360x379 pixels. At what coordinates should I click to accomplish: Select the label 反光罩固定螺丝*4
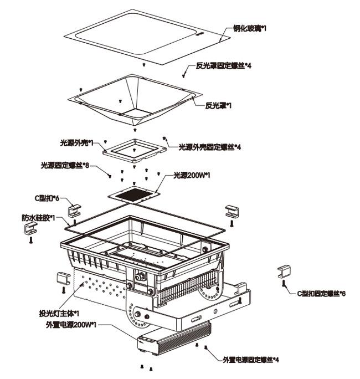224,66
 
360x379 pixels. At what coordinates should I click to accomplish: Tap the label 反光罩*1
218,105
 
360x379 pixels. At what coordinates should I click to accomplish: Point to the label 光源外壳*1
76,142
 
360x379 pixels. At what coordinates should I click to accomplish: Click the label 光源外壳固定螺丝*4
210,147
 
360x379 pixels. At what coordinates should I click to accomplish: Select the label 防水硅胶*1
38,218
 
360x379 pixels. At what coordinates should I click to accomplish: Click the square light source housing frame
134,148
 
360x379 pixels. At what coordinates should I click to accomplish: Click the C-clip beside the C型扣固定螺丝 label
284,272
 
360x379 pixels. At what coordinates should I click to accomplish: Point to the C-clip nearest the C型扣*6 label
74,209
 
